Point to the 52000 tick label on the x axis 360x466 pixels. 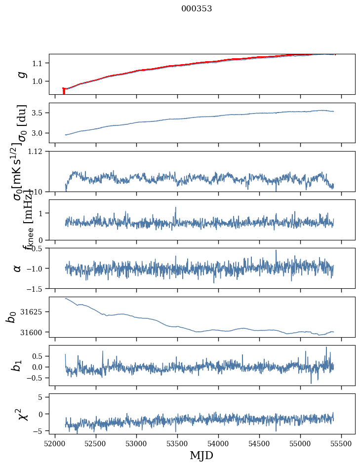[55, 444]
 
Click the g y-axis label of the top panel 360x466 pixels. [21, 74]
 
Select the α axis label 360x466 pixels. [18, 268]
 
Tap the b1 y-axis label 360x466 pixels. [17, 365]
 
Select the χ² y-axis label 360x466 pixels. [23, 414]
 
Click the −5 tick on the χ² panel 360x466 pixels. [40, 431]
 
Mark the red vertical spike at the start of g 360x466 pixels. [64, 91]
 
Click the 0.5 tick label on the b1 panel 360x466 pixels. [40, 356]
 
